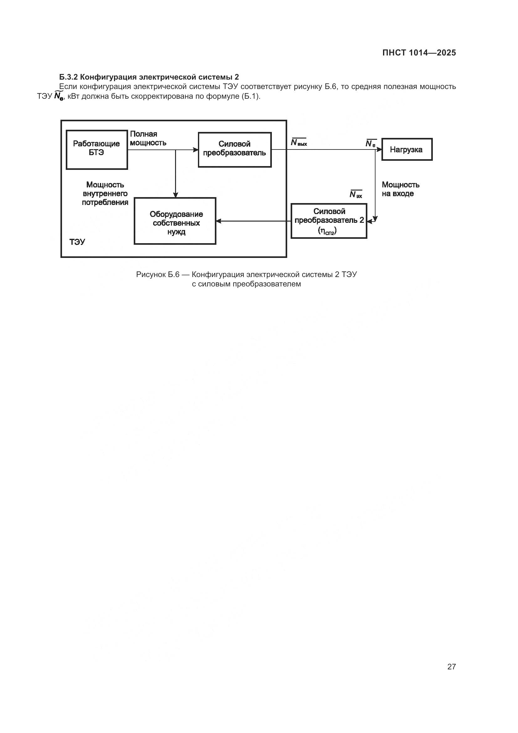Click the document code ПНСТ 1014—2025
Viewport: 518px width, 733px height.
pyautogui.click(x=419, y=53)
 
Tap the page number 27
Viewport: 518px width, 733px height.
pyautogui.click(x=451, y=666)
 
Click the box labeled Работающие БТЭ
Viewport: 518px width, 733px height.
pyautogui.click(x=97, y=149)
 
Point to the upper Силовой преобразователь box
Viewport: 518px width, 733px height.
pyautogui.click(x=235, y=149)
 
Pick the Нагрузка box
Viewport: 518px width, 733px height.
pyautogui.click(x=407, y=149)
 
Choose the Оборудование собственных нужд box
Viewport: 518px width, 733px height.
pyautogui.click(x=175, y=221)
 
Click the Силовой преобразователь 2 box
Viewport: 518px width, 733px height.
pyautogui.click(x=329, y=221)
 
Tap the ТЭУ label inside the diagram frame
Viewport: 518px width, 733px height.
pyautogui.click(x=77, y=242)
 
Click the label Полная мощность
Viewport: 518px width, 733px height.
pyautogui.click(x=148, y=138)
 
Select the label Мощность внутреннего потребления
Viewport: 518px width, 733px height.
pyautogui.click(x=105, y=193)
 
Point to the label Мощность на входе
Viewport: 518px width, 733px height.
pyautogui.click(x=400, y=189)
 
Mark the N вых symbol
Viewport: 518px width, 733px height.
pyautogui.click(x=298, y=143)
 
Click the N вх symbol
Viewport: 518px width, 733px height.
pyautogui.click(x=356, y=194)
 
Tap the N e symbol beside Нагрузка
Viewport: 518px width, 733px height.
pyautogui.click(x=370, y=144)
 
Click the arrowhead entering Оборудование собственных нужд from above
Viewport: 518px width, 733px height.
pyautogui.click(x=175, y=195)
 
